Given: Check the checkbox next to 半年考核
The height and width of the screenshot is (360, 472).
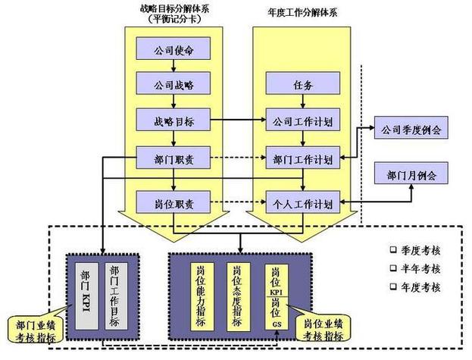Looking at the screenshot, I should coord(393,268).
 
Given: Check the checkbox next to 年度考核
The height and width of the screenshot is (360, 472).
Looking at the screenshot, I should coord(393,287).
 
